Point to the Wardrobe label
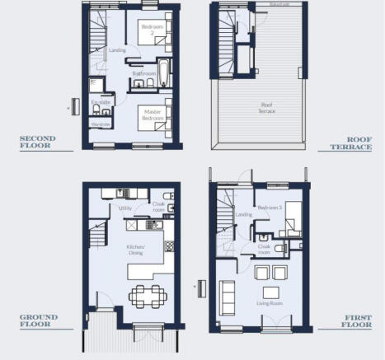[x=101, y=124]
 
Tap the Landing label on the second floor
[x=117, y=49]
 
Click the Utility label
[x=126, y=208]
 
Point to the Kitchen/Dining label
[x=134, y=250]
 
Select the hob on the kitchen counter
[x=152, y=224]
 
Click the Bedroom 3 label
[x=270, y=208]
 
